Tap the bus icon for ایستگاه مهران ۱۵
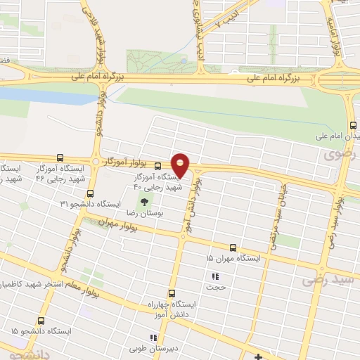[x=233, y=247]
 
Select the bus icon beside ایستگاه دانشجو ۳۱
[x=89, y=193]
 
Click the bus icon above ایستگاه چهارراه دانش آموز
[x=171, y=294]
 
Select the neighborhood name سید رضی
[x=326, y=280]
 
